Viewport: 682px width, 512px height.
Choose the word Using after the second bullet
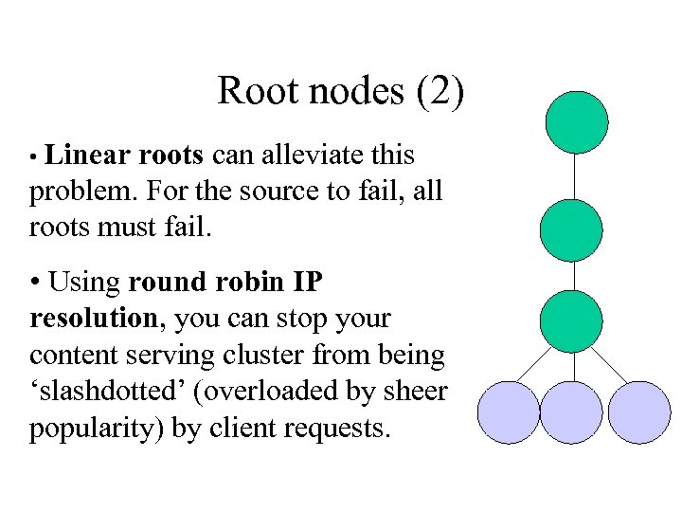[x=85, y=282]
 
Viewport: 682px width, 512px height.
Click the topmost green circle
[x=577, y=122]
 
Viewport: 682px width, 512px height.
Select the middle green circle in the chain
[x=571, y=229]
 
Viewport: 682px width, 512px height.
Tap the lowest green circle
[x=571, y=321]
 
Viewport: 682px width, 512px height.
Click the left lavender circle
[x=508, y=412]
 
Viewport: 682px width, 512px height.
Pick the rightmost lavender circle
[x=638, y=412]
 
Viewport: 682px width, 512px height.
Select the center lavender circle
[x=571, y=412]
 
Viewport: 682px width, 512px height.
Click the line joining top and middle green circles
[x=574, y=176]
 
